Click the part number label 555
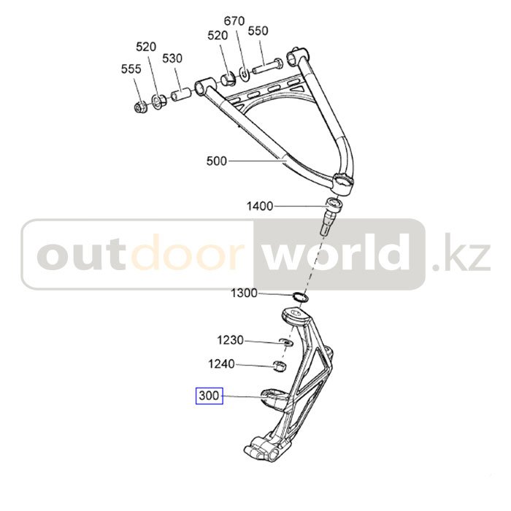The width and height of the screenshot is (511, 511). pyautogui.click(x=131, y=70)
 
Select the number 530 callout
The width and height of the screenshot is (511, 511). pyautogui.click(x=172, y=58)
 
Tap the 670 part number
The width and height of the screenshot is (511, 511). pyautogui.click(x=234, y=21)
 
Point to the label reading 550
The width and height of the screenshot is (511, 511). pyautogui.click(x=258, y=31)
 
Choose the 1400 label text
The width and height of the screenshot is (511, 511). pyautogui.click(x=259, y=207)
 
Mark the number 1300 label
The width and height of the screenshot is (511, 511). pyautogui.click(x=244, y=293)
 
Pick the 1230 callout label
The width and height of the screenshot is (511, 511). pyautogui.click(x=231, y=341)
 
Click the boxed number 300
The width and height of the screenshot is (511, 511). pyautogui.click(x=209, y=397)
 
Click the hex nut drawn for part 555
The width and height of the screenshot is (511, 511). pyautogui.click(x=141, y=108)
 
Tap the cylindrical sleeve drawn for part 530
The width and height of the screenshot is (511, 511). pyautogui.click(x=182, y=96)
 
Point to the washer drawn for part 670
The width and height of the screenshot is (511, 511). pyautogui.click(x=243, y=73)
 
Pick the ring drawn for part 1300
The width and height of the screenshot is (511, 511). pyautogui.click(x=299, y=296)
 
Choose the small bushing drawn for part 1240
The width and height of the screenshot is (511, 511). pyautogui.click(x=280, y=365)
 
